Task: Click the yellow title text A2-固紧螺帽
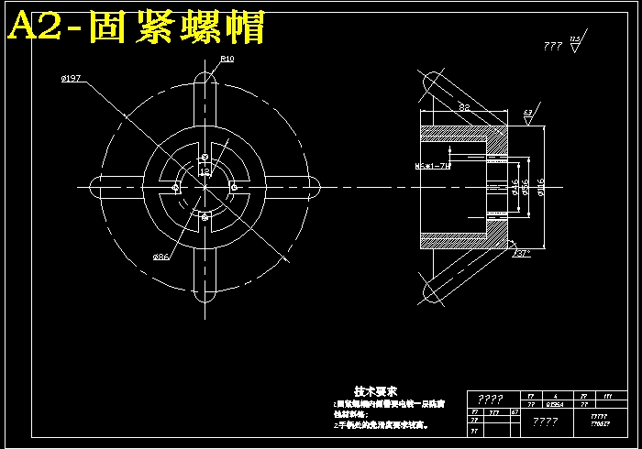tap(136, 27)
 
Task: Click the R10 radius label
tap(227, 59)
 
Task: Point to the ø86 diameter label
tap(160, 257)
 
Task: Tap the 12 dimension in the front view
tap(205, 171)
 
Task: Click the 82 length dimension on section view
tap(464, 108)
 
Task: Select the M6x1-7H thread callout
tap(433, 166)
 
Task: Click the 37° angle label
tap(523, 254)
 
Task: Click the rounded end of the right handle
tap(312, 188)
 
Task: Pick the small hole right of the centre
tap(235, 188)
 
